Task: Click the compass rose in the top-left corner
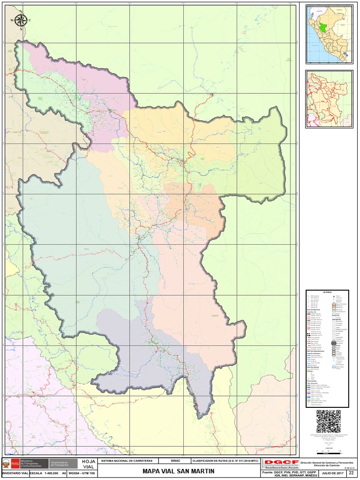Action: click(x=21, y=20)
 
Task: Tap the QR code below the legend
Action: click(x=328, y=421)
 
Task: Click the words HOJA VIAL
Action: click(x=88, y=464)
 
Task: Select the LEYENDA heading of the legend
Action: click(x=327, y=292)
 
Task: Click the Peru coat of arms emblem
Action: click(x=6, y=464)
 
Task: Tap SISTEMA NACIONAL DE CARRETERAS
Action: click(x=127, y=461)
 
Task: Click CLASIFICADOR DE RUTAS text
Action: click(x=225, y=461)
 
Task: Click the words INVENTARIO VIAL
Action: click(x=15, y=474)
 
